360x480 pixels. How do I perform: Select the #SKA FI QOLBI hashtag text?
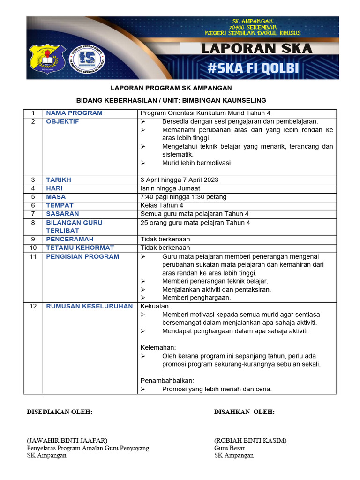click(253, 68)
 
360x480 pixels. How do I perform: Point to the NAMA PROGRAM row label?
click(74, 113)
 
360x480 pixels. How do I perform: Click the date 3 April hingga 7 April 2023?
click(179, 180)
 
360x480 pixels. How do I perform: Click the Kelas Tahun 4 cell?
click(162, 205)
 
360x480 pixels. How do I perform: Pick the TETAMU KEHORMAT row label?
click(80, 247)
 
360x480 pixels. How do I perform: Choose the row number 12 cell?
click(33, 307)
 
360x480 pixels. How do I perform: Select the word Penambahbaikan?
click(167, 381)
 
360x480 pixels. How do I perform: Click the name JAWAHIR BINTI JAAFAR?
click(67, 440)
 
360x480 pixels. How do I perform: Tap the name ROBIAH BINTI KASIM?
click(250, 440)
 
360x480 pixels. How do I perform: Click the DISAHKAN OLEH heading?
click(244, 412)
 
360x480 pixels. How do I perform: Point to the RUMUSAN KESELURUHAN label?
click(89, 307)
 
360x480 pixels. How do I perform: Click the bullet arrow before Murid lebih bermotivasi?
click(143, 163)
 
